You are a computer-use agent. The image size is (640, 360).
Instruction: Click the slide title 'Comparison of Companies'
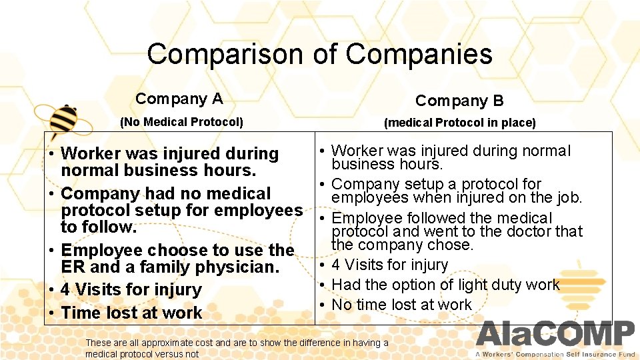(319, 54)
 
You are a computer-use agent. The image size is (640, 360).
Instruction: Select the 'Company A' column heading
(179, 99)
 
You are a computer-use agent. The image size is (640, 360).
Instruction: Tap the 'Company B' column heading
(459, 101)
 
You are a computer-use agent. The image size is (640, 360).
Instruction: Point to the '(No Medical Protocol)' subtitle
(181, 122)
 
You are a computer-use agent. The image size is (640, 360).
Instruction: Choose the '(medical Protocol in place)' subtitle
(459, 123)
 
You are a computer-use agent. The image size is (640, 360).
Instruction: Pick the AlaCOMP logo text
(555, 334)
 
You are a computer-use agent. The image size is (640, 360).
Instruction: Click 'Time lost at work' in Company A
(131, 313)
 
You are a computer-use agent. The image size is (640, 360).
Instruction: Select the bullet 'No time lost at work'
(401, 305)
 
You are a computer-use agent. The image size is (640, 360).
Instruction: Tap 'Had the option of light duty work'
(445, 285)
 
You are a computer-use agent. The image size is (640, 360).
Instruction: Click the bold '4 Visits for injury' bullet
(131, 290)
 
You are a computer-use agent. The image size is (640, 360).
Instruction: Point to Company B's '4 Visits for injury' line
(390, 265)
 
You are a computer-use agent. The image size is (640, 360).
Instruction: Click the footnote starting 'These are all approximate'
(237, 348)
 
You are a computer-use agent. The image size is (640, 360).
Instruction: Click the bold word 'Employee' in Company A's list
(99, 250)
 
